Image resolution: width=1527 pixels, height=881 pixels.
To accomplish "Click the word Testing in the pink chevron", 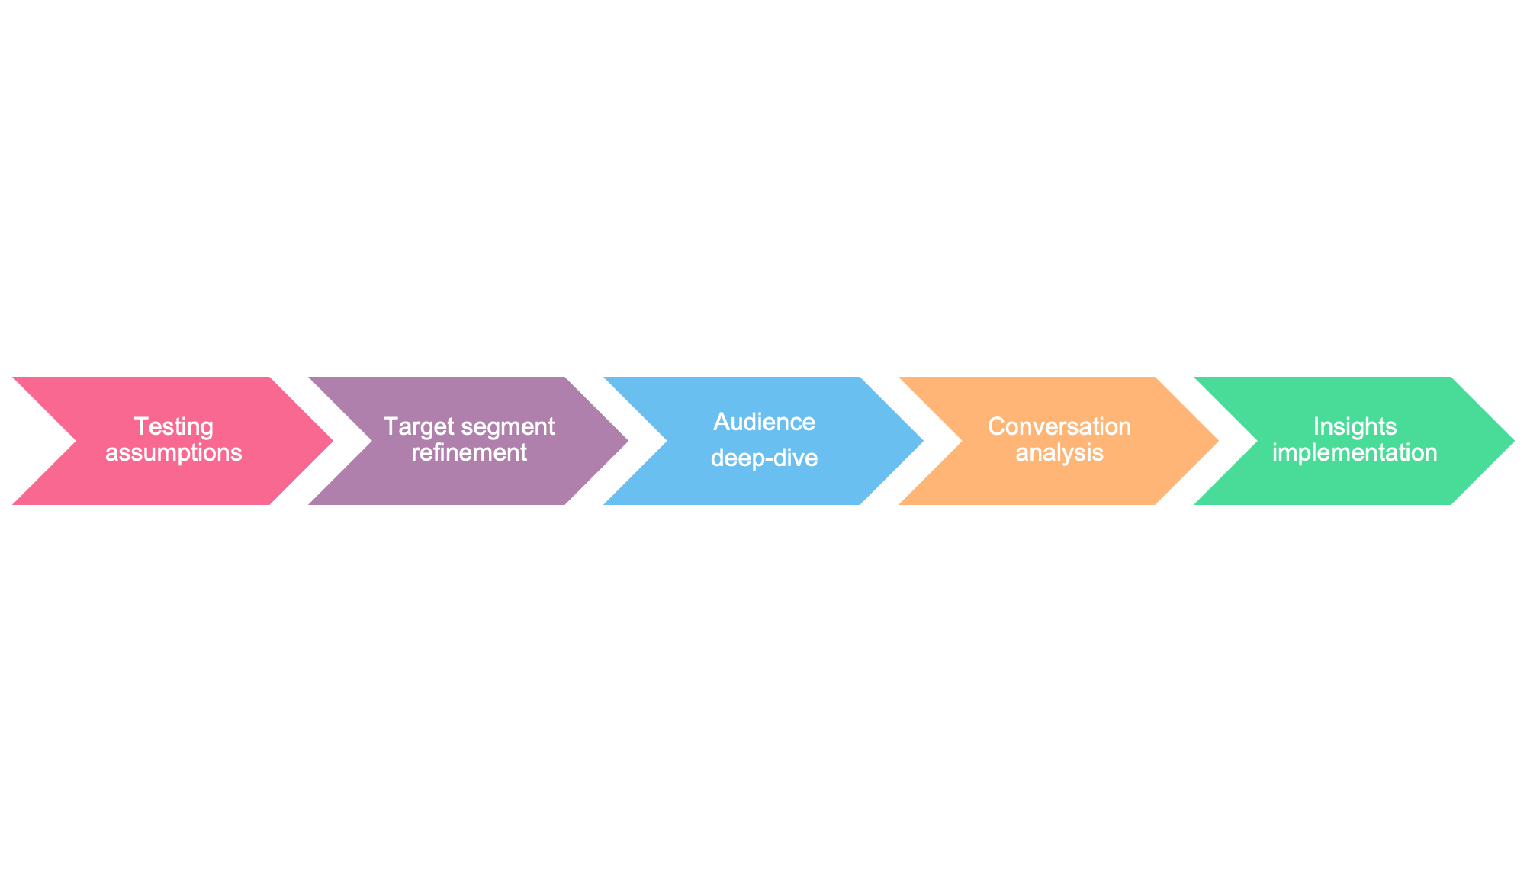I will point(173,426).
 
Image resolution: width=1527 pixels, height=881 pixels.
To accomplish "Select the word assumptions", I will point(173,453).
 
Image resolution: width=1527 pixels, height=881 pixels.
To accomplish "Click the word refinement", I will point(469,453).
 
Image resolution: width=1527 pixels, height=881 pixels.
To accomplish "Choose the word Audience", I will point(764,422).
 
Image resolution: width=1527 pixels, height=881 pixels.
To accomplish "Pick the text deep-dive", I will point(764,458).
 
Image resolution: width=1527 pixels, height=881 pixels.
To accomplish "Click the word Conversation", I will point(1059,426).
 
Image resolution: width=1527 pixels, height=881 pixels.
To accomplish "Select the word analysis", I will point(1059,453).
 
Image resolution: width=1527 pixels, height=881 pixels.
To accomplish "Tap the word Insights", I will point(1355,426).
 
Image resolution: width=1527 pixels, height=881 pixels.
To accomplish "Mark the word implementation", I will point(1355,453).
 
